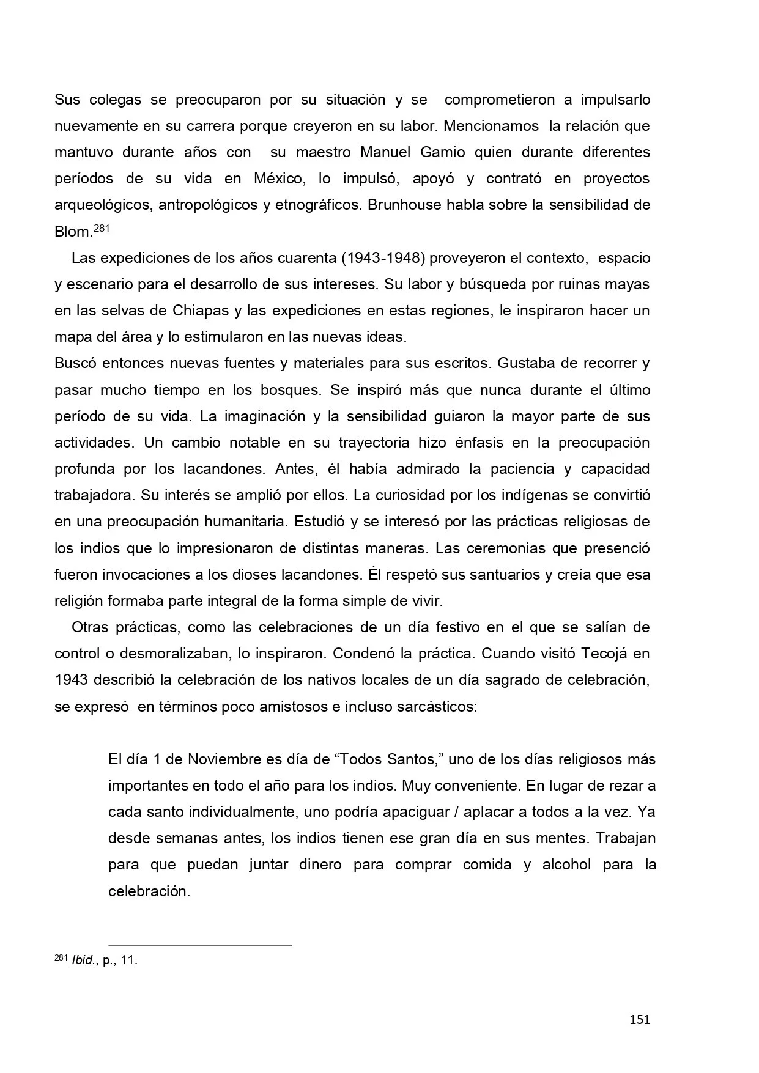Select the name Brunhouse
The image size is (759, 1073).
click(404, 205)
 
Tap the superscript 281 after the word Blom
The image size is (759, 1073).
click(102, 229)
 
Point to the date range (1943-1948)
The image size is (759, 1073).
click(382, 258)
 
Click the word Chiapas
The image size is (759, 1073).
click(201, 311)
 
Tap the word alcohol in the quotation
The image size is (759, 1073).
click(566, 865)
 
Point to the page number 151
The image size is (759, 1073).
click(639, 1019)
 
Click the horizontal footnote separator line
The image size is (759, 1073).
click(200, 945)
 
